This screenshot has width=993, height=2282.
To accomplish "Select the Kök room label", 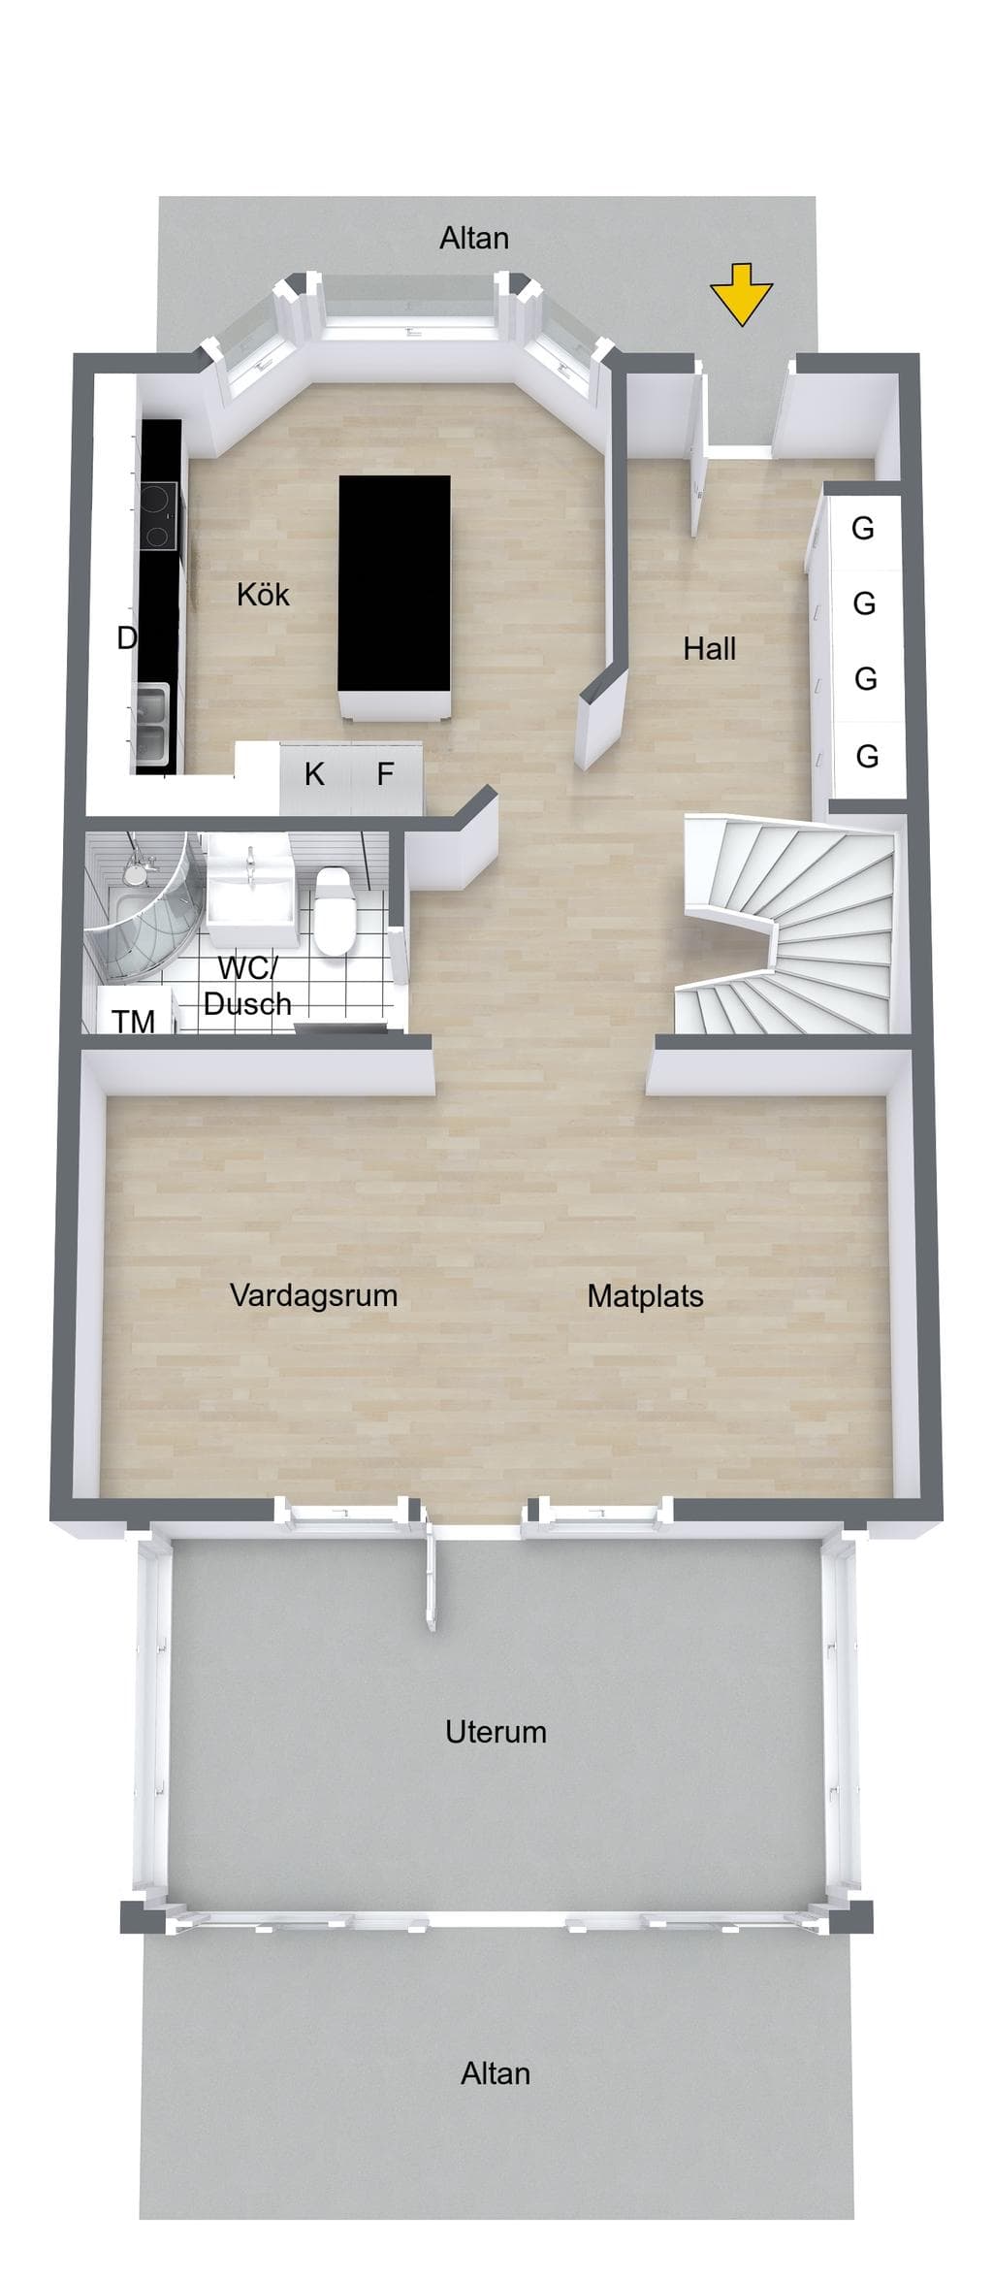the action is (263, 594).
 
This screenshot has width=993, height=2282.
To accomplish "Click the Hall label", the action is (709, 648).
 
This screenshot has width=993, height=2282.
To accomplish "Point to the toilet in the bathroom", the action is (333, 909).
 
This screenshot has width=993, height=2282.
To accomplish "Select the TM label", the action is (133, 1021).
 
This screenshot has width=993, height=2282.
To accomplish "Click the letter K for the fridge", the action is (314, 773).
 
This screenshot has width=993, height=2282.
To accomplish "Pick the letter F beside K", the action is (385, 773).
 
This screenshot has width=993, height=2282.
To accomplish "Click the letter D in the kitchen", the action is (126, 637).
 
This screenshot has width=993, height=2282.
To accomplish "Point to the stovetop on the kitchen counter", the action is (157, 515).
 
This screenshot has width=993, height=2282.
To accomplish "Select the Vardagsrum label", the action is (313, 1295).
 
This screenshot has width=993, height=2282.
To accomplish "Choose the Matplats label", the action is (645, 1295).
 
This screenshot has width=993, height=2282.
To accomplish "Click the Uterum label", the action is (496, 1732).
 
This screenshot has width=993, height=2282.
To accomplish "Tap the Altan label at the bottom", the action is (496, 2073).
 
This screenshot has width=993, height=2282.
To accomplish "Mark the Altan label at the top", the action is (474, 238).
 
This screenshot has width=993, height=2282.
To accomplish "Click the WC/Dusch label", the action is (247, 986).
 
